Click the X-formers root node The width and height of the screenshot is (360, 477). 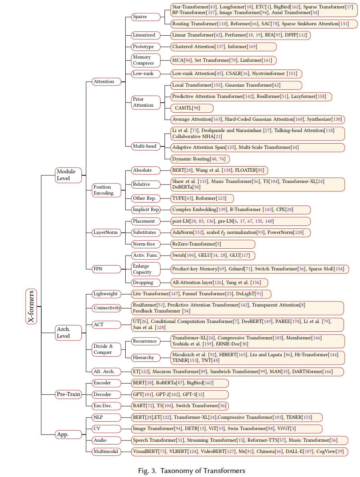coord(31,306)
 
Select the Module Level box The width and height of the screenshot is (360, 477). coord(69,175)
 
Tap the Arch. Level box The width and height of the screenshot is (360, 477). coord(69,333)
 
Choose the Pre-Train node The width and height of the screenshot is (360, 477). coord(69,394)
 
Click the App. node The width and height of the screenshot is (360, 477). coord(69,434)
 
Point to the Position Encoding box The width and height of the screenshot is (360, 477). coord(106,190)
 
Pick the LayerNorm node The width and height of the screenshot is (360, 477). coord(106,232)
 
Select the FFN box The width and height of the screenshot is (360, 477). coord(106,269)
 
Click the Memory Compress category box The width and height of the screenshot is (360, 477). coord(146,60)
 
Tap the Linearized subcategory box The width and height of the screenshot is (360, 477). coord(146,35)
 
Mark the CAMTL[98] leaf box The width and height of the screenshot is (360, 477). coord(192,108)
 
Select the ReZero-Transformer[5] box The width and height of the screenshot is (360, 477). coord(213,244)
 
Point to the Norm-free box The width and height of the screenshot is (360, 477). coord(146,244)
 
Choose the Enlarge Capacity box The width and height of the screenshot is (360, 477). coord(146,269)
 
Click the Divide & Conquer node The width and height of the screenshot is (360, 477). coord(106,349)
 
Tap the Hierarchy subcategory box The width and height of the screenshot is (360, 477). coord(146,357)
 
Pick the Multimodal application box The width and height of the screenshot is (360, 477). coord(106,451)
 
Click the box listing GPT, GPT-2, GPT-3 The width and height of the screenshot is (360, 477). coord(180,395)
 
